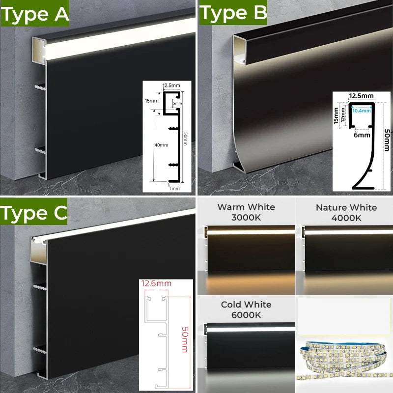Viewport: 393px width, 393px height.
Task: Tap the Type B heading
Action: point(232,13)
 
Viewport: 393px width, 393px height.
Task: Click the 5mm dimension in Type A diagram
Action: point(177,104)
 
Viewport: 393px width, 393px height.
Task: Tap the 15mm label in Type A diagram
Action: point(151,100)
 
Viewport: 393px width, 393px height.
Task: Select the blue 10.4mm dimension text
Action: point(362,111)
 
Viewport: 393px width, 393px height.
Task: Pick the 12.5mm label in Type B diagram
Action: point(362,95)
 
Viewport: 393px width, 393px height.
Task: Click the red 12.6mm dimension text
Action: point(156,283)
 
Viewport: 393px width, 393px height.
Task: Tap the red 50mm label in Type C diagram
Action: point(184,334)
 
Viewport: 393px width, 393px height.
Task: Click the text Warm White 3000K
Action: point(247,212)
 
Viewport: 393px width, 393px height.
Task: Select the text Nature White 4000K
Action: point(346,212)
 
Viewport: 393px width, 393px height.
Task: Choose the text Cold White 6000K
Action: point(246,309)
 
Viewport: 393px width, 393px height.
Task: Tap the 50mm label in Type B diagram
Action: point(387,140)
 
